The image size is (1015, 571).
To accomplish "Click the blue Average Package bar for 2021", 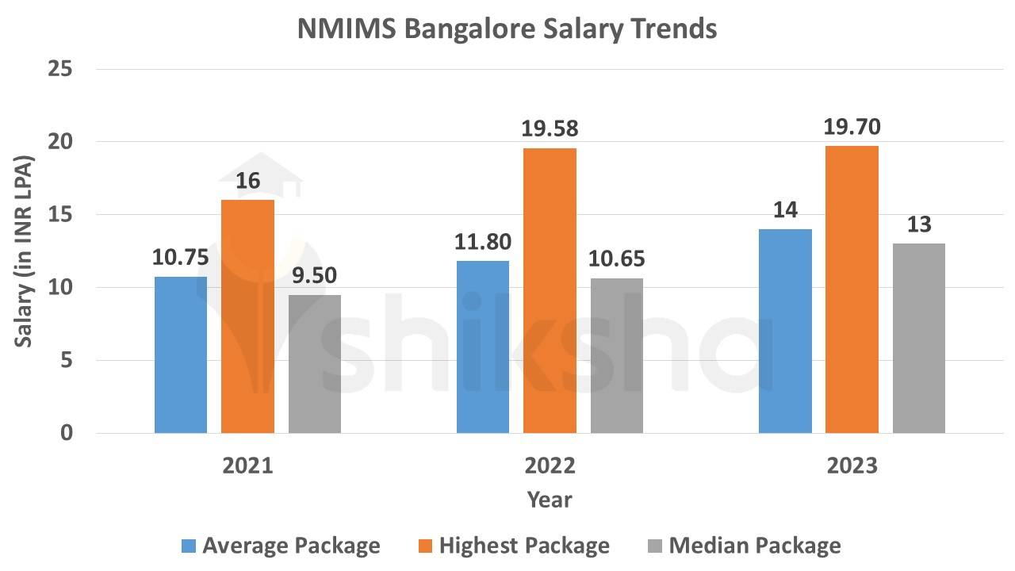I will [x=181, y=354].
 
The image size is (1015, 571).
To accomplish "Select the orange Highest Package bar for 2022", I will [x=550, y=290].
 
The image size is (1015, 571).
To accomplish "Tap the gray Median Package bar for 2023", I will [x=918, y=338].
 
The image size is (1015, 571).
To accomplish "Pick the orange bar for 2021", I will [x=247, y=316].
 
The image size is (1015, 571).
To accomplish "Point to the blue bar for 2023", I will [x=785, y=331].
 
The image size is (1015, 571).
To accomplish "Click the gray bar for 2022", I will [x=616, y=355].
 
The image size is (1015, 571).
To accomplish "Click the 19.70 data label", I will [x=852, y=127].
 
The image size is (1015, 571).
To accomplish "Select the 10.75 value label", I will [x=181, y=258].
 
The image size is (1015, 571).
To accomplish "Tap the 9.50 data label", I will [x=315, y=276].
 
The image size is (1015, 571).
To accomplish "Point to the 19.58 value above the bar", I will [x=550, y=128].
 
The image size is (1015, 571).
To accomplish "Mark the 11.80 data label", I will [x=483, y=242].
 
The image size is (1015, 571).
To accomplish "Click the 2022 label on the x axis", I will [x=550, y=466].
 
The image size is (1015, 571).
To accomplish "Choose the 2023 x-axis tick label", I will [x=852, y=466].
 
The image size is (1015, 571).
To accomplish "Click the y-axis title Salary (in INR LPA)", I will [x=24, y=251].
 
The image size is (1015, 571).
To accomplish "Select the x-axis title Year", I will [x=550, y=500].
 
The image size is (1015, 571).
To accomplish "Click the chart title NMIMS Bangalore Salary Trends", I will [x=507, y=29].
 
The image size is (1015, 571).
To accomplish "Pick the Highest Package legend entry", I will [x=524, y=546].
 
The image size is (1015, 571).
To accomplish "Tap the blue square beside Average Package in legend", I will [x=188, y=546].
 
